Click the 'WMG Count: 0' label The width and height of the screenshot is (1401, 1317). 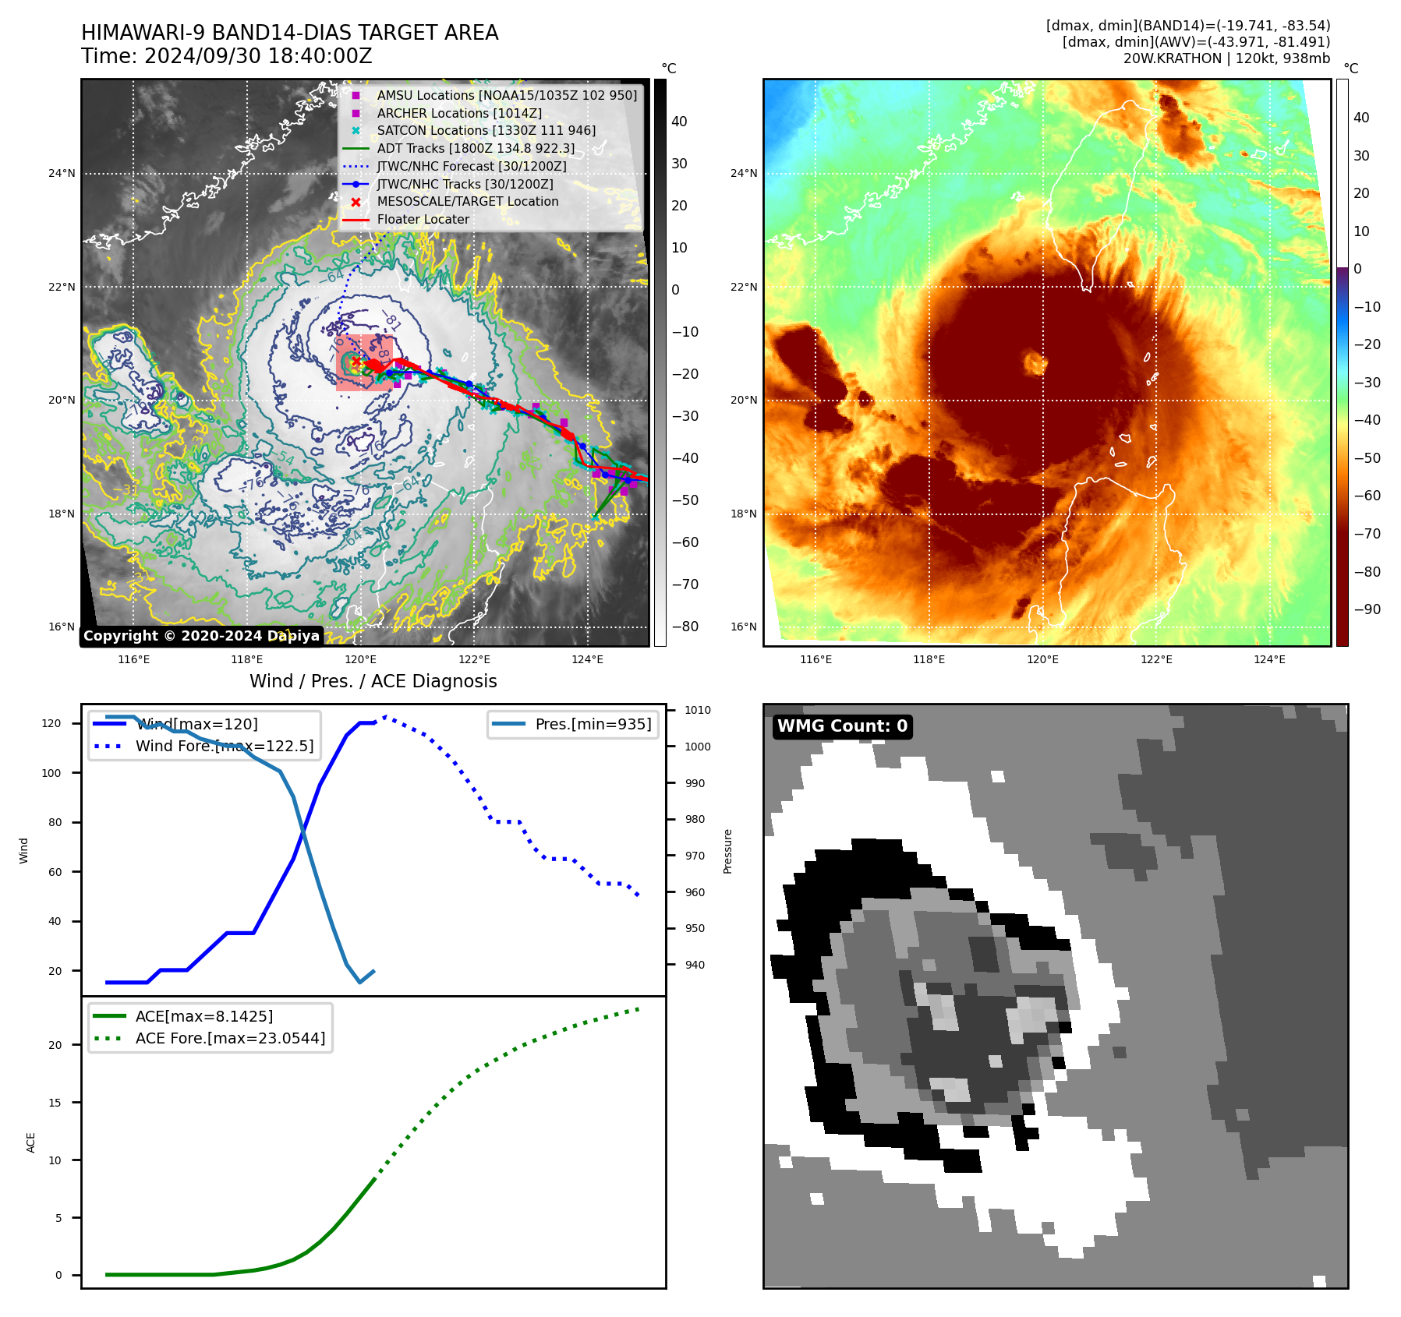pos(842,726)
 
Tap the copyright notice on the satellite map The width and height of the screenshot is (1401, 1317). pos(201,636)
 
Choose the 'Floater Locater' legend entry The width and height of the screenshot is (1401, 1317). pos(423,220)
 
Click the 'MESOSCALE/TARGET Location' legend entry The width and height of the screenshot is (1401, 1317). pos(467,202)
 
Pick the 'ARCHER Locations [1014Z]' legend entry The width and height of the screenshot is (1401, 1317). pos(458,113)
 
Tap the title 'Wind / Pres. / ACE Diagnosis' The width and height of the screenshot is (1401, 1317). pos(373,681)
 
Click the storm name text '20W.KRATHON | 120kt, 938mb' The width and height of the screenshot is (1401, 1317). pos(1226,58)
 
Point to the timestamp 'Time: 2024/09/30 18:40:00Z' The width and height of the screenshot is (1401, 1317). pos(227,56)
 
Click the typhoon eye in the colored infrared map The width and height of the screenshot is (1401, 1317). pos(1035,362)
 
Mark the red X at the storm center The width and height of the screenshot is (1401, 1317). pos(356,362)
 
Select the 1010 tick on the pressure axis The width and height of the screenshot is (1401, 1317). pos(698,710)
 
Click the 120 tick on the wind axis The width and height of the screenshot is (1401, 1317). pos(51,723)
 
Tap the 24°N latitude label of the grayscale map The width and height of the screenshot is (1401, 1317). pos(62,173)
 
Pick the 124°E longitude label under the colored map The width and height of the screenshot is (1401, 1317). pos(1269,659)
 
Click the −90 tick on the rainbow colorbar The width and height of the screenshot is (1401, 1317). pos(1367,609)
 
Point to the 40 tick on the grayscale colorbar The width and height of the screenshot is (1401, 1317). pos(679,122)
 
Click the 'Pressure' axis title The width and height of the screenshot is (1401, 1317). pos(727,851)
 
